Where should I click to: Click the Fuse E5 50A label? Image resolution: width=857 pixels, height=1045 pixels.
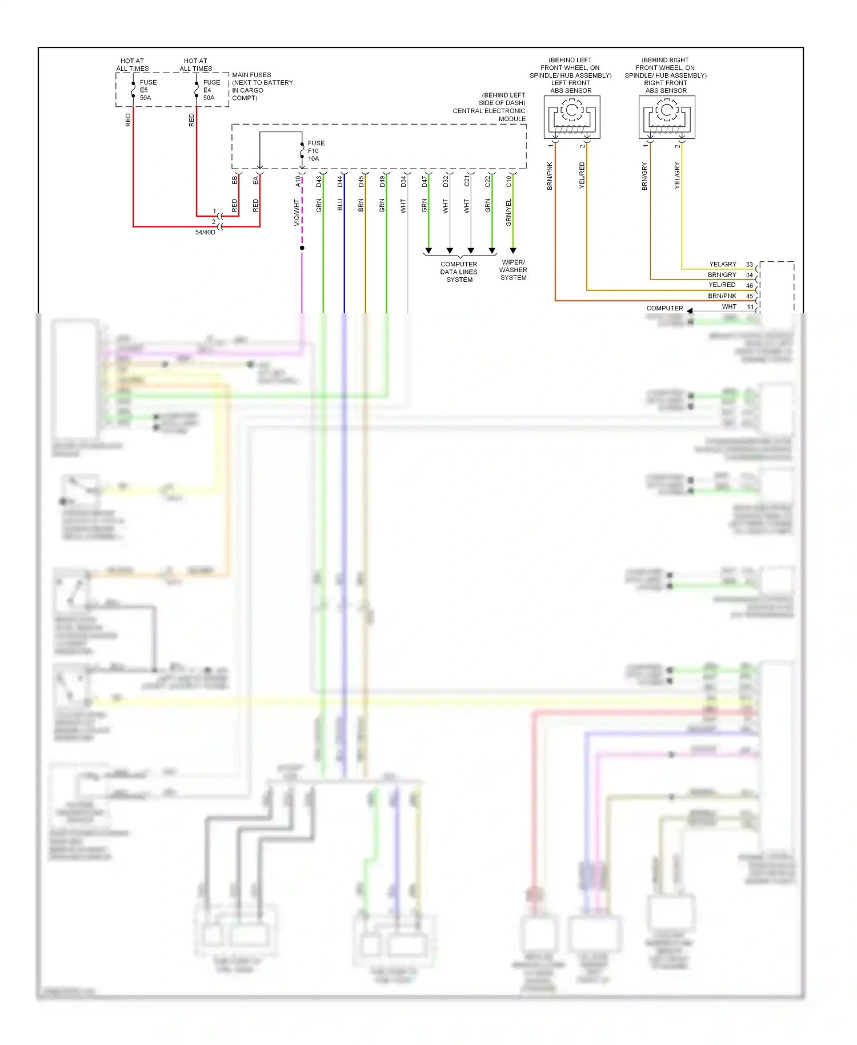coord(147,90)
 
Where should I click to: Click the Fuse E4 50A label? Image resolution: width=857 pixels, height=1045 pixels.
coord(211,90)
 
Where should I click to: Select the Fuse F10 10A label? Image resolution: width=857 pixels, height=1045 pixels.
coord(315,151)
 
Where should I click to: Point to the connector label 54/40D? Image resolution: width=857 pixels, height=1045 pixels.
coord(205,233)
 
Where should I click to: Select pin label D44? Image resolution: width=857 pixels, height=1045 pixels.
coord(340,181)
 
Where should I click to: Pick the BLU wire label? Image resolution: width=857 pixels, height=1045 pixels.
coord(340,205)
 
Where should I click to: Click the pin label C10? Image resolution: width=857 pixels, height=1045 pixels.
coord(509,181)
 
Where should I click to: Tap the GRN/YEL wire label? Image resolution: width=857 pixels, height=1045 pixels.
coord(509,212)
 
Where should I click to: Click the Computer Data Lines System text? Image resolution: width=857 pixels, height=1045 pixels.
coord(459,272)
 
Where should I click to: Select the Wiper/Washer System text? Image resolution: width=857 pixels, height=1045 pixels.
coord(513,270)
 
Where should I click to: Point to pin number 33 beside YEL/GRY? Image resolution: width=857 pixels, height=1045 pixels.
coord(749,265)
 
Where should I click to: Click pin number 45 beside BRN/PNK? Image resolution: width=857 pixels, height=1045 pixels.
coord(749,296)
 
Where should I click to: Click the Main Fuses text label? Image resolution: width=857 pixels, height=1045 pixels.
coord(251,75)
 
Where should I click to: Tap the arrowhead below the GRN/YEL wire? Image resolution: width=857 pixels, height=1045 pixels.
coord(513,250)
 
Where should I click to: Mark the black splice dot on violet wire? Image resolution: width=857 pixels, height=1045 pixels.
coord(302,248)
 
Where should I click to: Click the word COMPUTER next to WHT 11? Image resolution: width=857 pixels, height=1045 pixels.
coord(664,308)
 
